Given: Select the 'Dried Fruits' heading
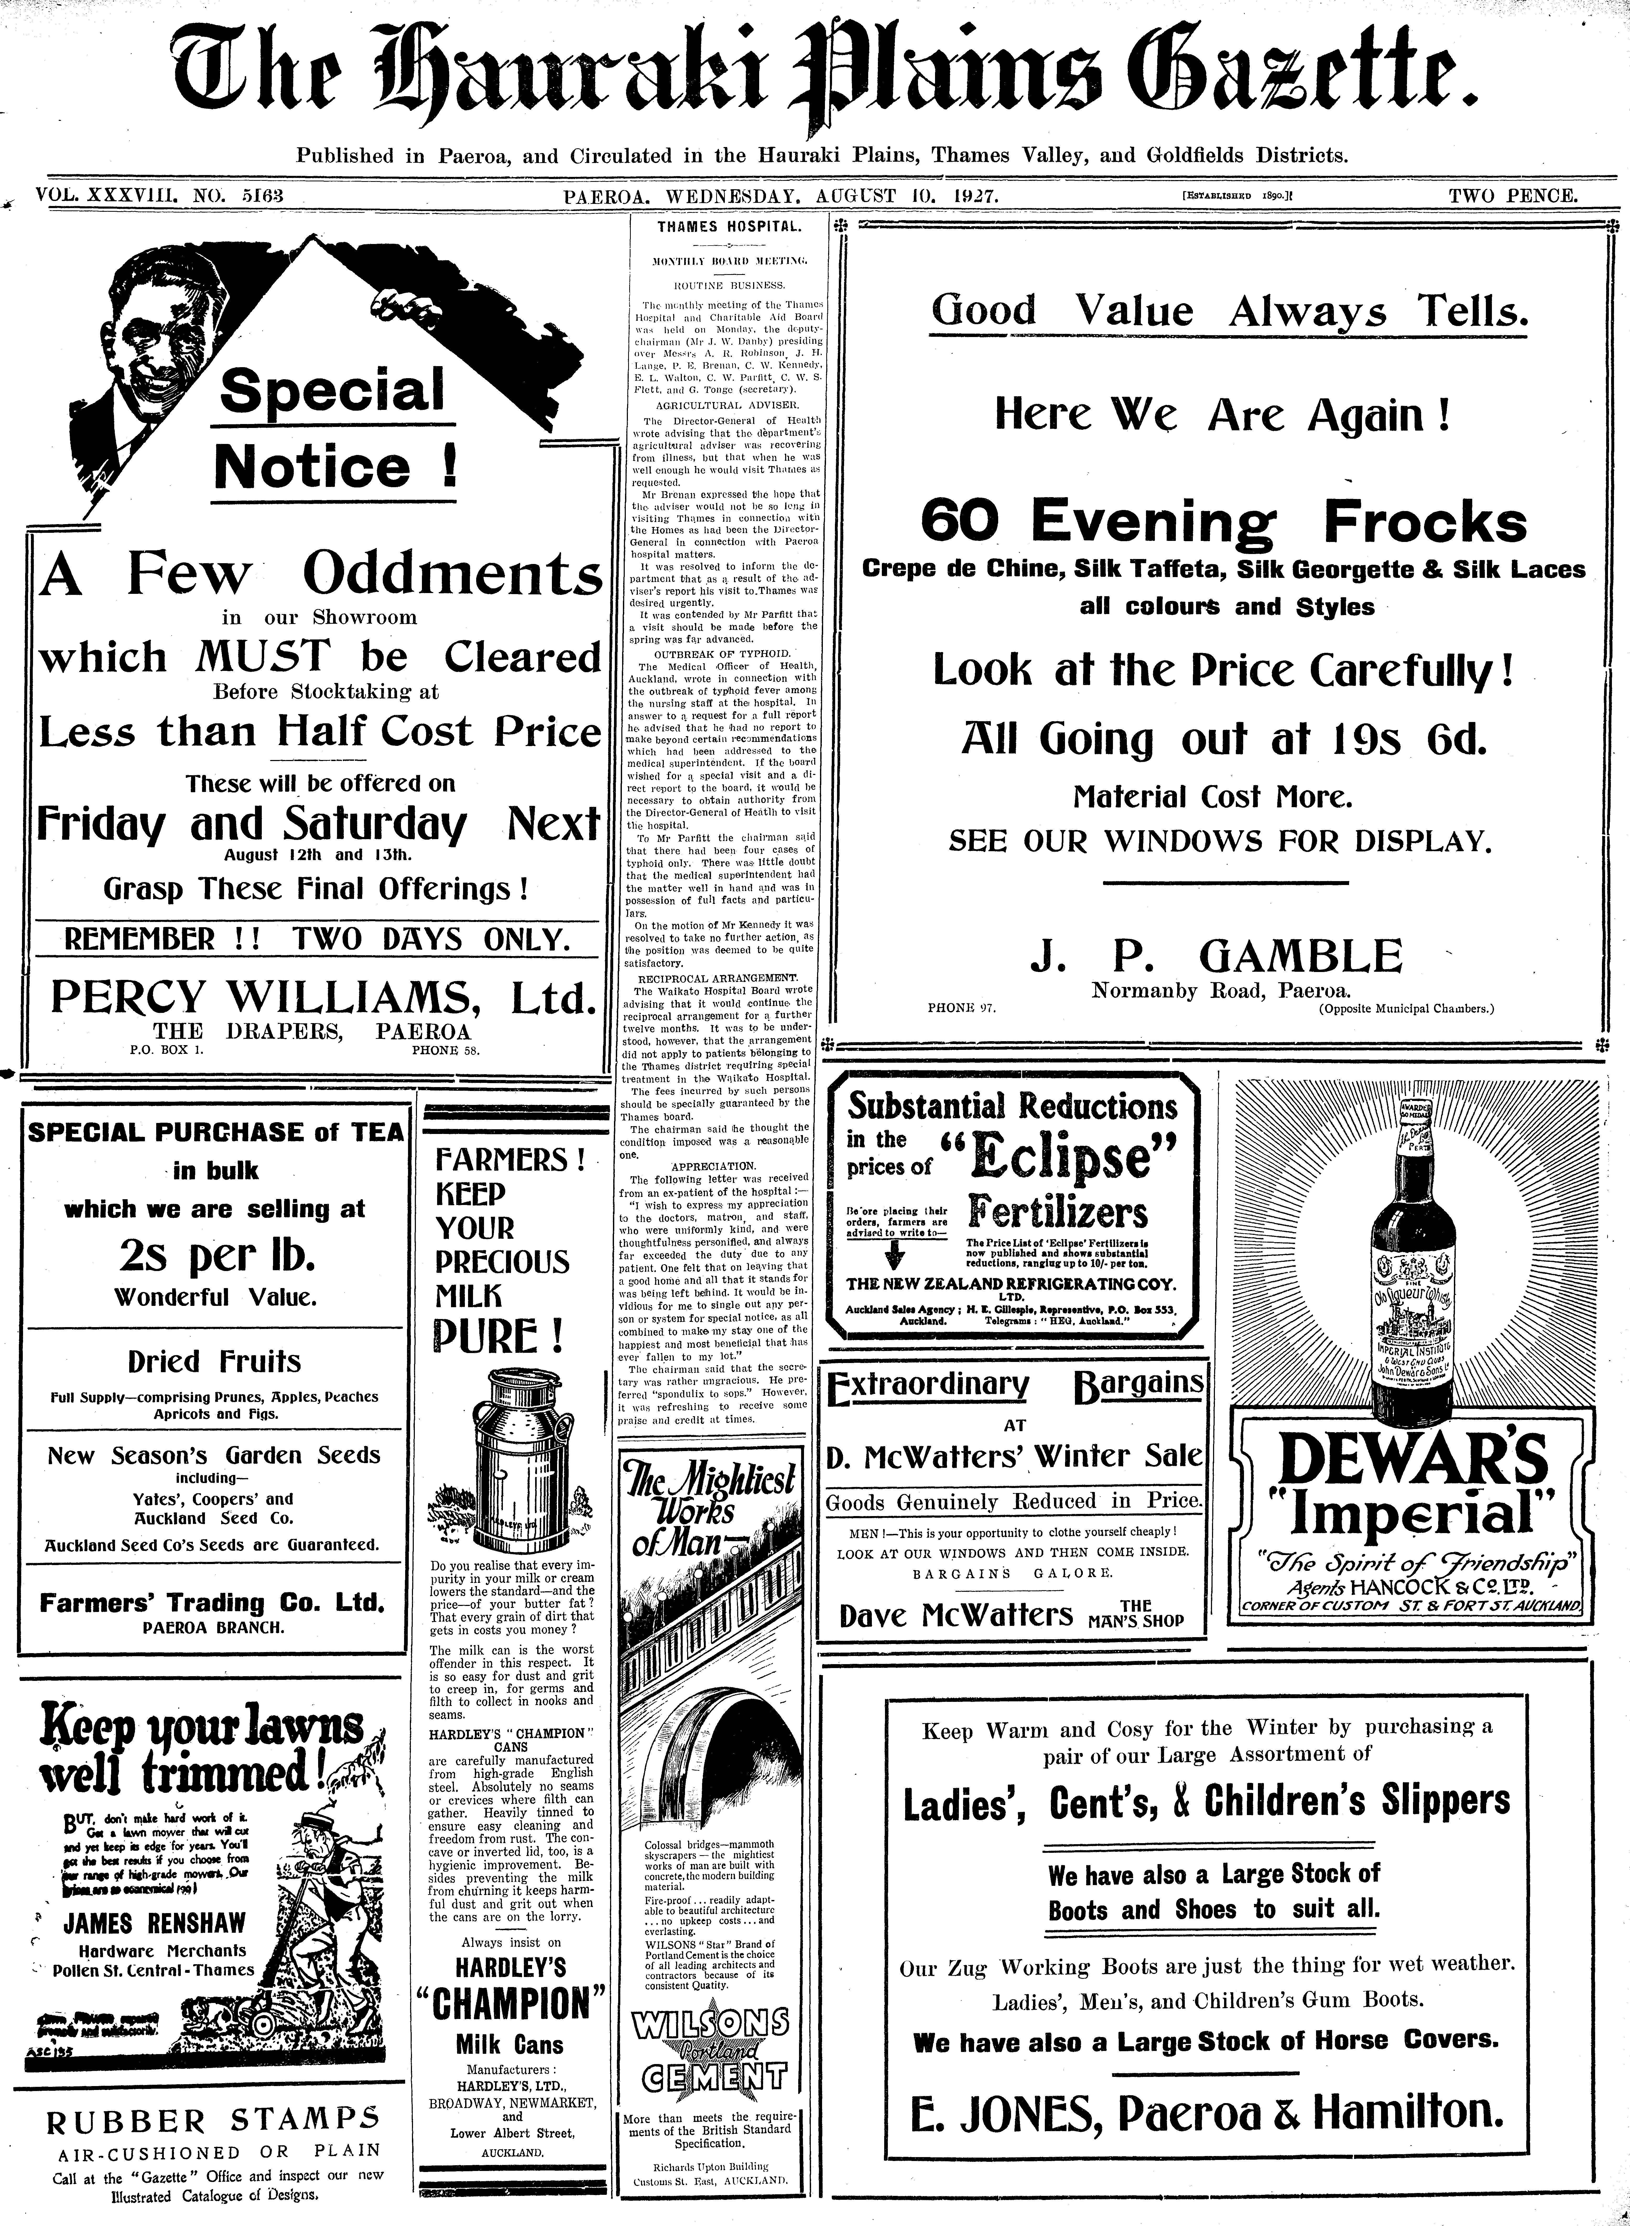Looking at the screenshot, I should pos(214,1362).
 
